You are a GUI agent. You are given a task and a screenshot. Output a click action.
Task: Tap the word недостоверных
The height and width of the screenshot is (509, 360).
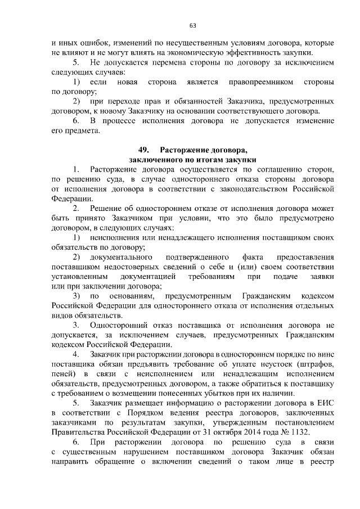point(125,267)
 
